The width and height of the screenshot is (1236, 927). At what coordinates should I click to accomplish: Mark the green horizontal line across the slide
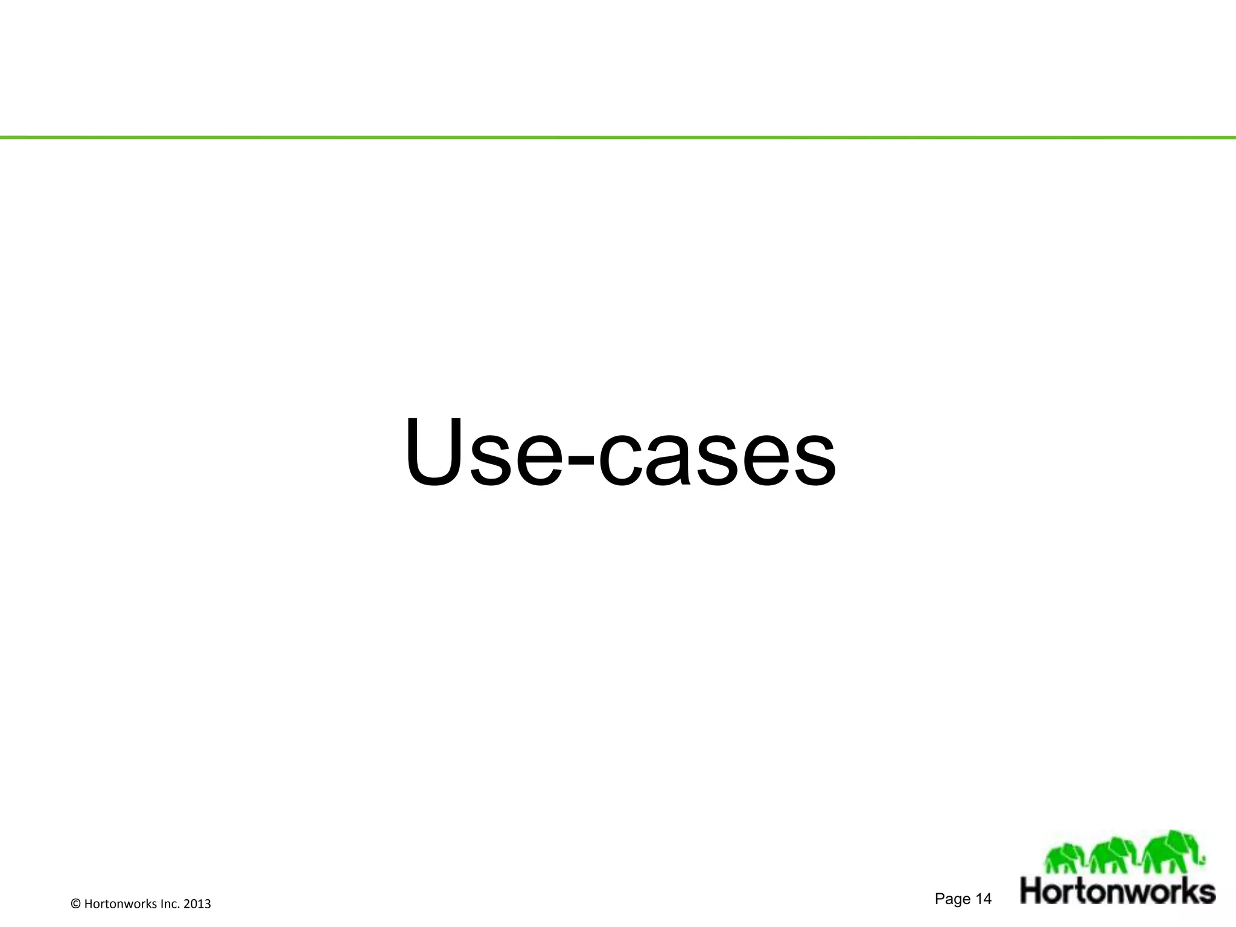[618, 138]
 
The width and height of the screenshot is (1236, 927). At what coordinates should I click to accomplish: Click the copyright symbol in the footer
[75, 904]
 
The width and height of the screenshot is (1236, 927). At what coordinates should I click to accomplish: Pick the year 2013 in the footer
[197, 904]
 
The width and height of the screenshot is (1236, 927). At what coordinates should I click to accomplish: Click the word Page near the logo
[952, 899]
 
